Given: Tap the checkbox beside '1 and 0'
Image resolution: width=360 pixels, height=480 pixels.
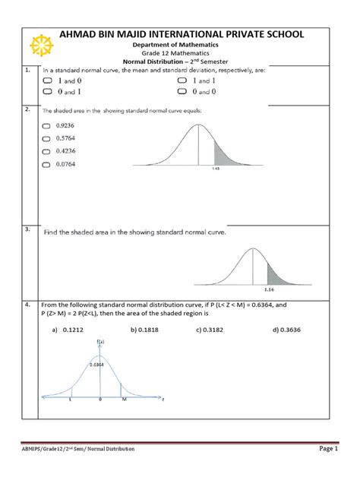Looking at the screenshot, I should coord(47,80).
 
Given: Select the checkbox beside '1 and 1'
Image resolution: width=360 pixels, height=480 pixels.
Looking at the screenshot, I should coord(182,80).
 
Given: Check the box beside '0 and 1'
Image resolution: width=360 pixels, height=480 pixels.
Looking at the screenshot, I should coord(47,91).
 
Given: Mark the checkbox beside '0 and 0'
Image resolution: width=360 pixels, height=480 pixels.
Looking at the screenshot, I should coord(182,91).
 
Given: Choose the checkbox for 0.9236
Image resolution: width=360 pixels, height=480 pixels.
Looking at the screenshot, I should coord(47,127).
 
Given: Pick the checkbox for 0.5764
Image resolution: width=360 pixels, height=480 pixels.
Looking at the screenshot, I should coord(47,139).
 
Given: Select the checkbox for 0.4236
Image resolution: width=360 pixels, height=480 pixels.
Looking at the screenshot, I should coord(47,151).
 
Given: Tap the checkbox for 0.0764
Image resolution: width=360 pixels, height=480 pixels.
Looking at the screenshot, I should coord(47,163).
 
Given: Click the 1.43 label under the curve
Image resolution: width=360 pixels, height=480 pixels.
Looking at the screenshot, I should coord(215,169).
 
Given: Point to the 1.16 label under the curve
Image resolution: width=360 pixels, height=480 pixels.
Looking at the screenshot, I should coord(269,289).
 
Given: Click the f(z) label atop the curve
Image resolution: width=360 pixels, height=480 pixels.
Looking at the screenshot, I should coord(99,344).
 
